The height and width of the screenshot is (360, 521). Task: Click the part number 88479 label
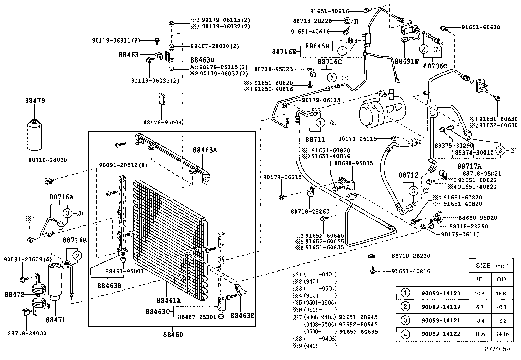click(x=35, y=101)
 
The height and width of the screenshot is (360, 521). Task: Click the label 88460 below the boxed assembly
click(x=172, y=334)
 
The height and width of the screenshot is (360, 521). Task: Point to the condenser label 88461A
click(x=168, y=301)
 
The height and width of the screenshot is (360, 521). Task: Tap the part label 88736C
click(x=435, y=66)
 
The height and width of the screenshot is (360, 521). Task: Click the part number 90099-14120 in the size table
click(x=441, y=294)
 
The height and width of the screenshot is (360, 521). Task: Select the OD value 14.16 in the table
click(x=501, y=334)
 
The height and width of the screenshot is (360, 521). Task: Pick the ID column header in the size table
click(x=479, y=279)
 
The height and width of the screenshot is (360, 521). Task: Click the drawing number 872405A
click(x=497, y=349)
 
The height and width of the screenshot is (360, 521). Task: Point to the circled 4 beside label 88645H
click(x=341, y=51)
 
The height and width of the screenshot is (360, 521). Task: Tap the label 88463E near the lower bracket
click(x=242, y=315)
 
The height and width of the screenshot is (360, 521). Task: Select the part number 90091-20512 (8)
click(x=123, y=165)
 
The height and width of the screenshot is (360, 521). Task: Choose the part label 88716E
click(x=284, y=51)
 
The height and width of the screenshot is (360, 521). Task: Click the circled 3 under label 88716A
click(x=68, y=213)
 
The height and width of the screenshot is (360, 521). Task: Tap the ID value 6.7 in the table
click(x=479, y=307)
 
